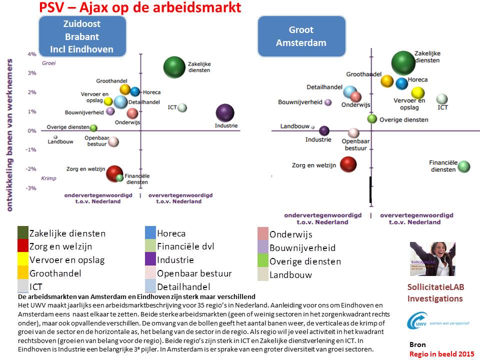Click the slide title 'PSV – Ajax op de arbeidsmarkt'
coord(140,8)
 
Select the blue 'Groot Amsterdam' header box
coord(301,36)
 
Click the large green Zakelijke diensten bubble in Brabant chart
coord(174,67)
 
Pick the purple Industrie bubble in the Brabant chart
coord(225,113)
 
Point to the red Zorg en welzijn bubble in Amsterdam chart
coord(348,164)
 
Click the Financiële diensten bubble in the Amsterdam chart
coord(464,166)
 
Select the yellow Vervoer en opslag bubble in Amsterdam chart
coord(418,93)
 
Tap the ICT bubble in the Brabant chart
coord(182,107)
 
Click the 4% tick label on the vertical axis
coord(31,54)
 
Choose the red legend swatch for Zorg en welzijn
coord(23,246)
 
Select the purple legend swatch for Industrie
coord(150,260)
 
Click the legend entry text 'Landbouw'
coord(290,274)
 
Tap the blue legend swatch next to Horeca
coord(150,233)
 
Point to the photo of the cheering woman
coord(432,259)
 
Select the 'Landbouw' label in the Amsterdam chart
coord(294,126)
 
